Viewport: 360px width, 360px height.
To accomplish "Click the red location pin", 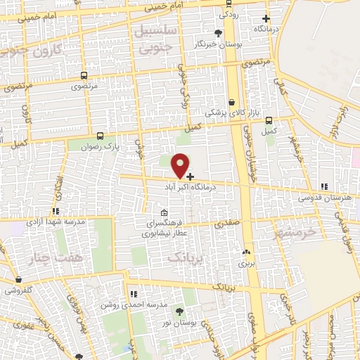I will pos(181,165).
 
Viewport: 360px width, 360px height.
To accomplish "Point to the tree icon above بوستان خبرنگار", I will pos(219,32).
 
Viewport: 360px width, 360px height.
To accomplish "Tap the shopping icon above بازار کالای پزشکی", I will pos(231,102).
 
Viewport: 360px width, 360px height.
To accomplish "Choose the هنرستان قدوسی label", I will pos(324,198).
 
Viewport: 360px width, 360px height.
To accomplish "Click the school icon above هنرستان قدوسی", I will pos(323,186).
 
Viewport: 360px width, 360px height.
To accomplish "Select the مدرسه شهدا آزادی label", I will pos(56,221).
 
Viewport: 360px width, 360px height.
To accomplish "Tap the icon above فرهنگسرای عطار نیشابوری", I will pos(164,213).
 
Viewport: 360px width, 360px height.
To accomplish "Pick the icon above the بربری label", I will pos(245,252).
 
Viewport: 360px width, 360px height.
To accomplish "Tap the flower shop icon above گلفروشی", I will pos(18,279).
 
